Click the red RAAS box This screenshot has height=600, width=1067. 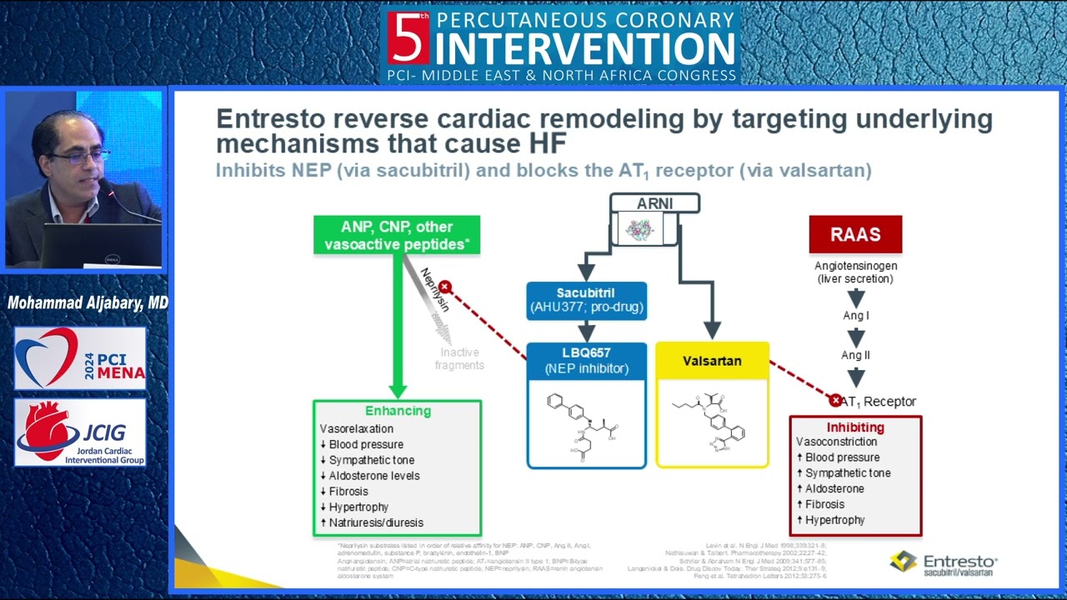[855, 234]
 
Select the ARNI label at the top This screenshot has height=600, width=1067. [654, 203]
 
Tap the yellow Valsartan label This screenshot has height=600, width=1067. [712, 361]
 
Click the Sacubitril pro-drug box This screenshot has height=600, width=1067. [586, 301]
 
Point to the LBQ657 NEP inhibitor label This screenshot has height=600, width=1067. [586, 361]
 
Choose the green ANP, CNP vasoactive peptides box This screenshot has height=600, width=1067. [397, 235]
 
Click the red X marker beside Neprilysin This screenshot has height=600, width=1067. [445, 287]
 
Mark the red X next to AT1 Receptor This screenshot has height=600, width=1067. [835, 401]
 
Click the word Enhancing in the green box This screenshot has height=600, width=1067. [398, 411]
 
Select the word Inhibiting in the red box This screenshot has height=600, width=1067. [855, 427]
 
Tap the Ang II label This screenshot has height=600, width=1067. [855, 355]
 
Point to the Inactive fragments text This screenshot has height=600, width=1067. [459, 359]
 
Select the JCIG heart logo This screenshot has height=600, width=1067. [80, 432]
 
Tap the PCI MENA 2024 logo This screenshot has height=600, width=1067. [80, 358]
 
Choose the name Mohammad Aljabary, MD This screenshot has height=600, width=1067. [88, 302]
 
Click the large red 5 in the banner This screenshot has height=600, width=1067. [408, 37]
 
